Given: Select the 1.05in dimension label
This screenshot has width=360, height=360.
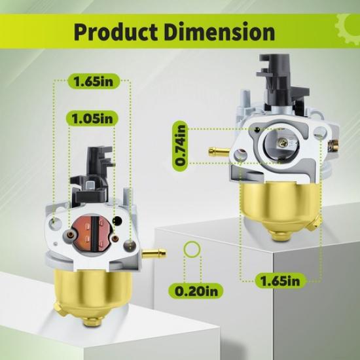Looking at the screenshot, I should [91, 118].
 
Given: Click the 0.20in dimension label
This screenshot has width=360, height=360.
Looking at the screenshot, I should [191, 289].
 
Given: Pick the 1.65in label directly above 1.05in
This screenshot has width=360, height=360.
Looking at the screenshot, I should [91, 83].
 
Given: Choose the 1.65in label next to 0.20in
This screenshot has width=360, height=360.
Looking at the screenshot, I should [281, 281].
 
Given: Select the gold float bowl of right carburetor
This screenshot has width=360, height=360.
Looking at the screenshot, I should [276, 206].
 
